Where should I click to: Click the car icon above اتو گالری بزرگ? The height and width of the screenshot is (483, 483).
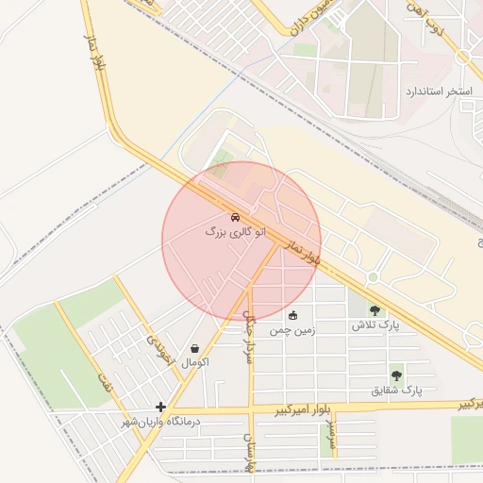click(235, 217)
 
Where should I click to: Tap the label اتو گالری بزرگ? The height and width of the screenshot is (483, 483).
click(235, 231)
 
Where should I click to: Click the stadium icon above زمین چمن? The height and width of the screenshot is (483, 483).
click(292, 316)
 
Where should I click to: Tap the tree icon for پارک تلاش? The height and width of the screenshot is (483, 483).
click(375, 309)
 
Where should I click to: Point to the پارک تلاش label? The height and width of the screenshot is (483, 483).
click(371, 325)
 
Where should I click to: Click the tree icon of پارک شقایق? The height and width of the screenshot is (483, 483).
click(395, 375)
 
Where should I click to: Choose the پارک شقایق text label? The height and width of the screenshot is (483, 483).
click(396, 390)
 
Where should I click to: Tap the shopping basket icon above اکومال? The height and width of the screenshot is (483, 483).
click(194, 348)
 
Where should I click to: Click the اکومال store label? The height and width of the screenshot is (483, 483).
click(193, 362)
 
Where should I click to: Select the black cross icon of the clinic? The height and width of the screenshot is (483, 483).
click(161, 408)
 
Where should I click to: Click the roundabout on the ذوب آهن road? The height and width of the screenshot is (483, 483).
click(462, 57)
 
